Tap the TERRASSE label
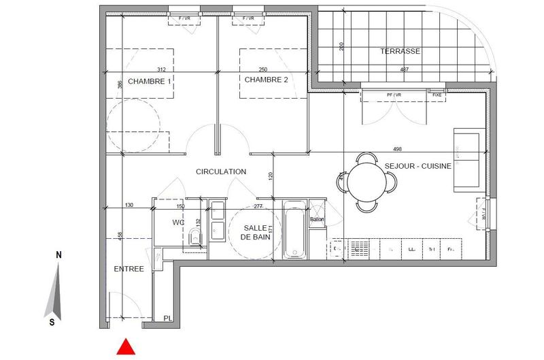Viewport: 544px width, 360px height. click(400, 51)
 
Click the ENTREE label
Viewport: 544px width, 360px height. click(129, 269)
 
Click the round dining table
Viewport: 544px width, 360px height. click(367, 182)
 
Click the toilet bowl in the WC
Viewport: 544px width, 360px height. click(194, 238)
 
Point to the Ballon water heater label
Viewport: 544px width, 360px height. click(317, 219)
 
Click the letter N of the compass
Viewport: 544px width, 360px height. click(59, 255)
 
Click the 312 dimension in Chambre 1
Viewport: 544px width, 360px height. click(161, 69)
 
